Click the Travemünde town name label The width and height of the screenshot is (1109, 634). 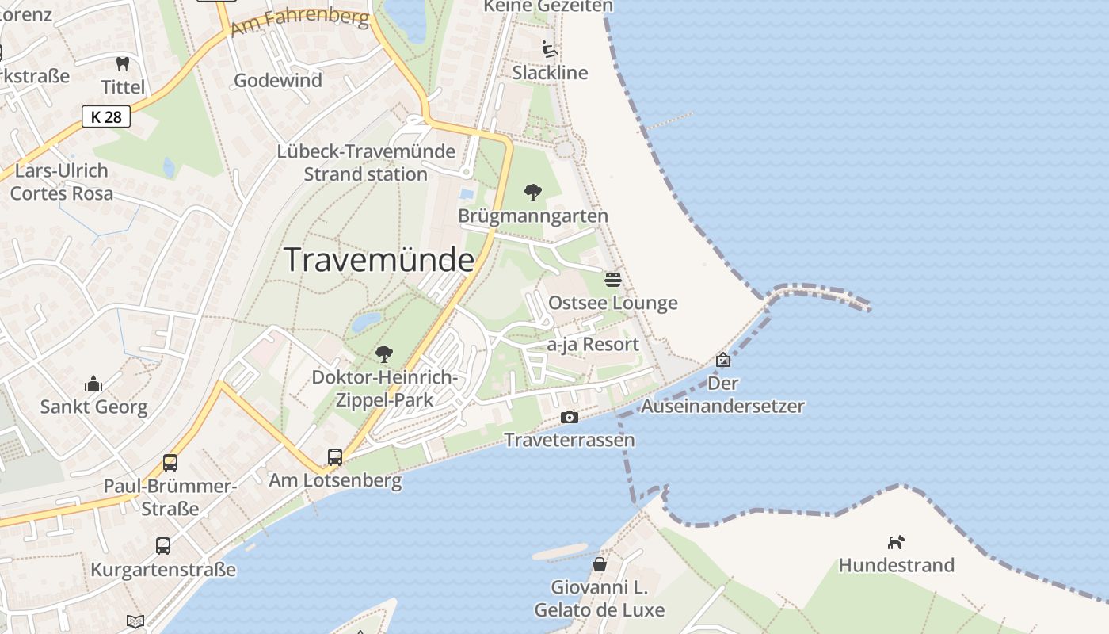(379, 260)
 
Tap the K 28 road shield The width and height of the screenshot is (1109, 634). (106, 117)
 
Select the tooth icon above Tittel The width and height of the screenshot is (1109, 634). (122, 63)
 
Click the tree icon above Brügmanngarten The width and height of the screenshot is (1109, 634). (533, 192)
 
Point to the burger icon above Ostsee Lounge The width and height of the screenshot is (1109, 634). (612, 279)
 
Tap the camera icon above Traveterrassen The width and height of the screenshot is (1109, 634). (569, 417)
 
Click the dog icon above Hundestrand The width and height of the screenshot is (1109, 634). (896, 542)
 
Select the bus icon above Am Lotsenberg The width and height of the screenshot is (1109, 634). (335, 456)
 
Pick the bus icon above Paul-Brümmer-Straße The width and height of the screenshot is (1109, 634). (170, 462)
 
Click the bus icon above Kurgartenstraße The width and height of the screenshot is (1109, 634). (162, 545)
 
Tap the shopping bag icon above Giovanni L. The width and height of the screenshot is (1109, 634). (600, 564)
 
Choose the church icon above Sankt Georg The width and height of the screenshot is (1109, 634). (93, 384)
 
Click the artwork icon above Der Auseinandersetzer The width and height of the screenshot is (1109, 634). (722, 360)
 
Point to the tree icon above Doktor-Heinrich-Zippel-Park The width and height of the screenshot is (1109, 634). (384, 353)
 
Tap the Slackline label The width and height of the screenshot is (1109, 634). (550, 73)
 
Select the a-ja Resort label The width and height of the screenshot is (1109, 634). (593, 345)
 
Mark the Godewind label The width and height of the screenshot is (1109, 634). (278, 80)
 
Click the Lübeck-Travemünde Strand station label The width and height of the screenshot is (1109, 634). (366, 162)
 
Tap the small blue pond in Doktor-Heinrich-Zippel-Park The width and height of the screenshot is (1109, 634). (366, 322)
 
